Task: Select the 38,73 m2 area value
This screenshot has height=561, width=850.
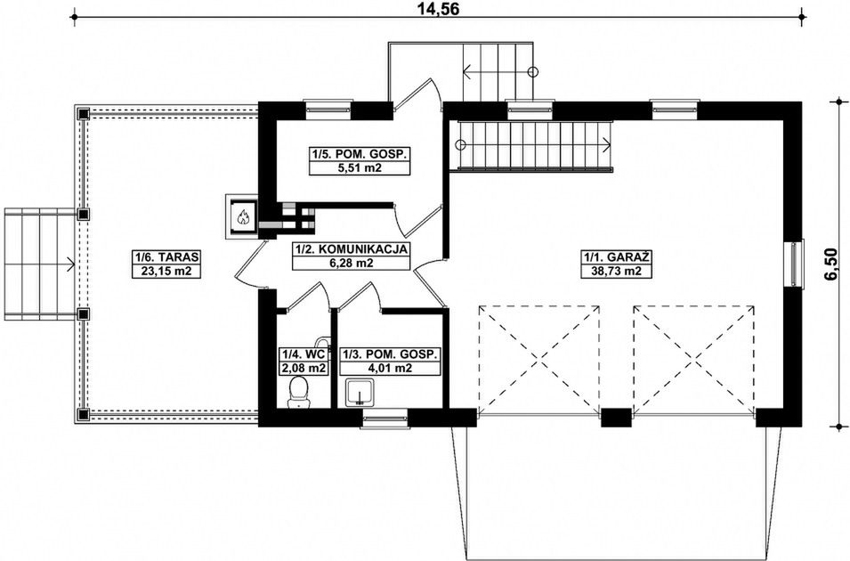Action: [616, 270]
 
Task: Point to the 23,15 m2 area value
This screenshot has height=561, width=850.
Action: [167, 271]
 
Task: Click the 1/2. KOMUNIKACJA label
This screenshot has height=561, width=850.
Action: [351, 249]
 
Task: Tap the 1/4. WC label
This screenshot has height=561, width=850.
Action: [303, 354]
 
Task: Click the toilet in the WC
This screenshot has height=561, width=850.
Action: [298, 393]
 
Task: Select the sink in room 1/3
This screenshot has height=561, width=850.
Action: [360, 393]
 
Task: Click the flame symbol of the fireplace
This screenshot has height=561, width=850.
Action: [242, 217]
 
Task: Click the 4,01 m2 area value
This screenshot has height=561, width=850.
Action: [390, 369]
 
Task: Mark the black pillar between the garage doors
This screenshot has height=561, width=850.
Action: [616, 418]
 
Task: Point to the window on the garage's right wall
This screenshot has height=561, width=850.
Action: [795, 264]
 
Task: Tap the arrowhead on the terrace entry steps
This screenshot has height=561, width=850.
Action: [71, 264]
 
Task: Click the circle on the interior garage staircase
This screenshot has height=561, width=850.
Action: [460, 145]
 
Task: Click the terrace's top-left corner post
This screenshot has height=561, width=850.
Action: [83, 114]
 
